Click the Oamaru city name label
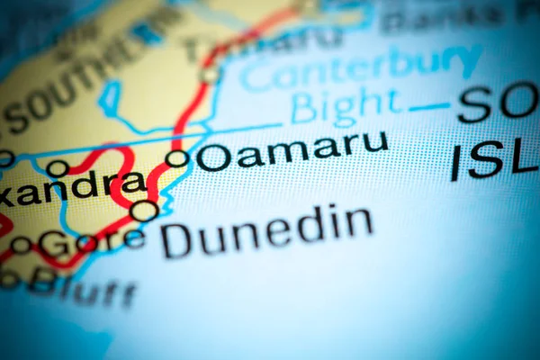[x=292, y=151]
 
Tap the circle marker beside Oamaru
[x=177, y=158]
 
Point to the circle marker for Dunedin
[x=143, y=211]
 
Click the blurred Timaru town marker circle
[x=211, y=75]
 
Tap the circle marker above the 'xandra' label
[x=58, y=168]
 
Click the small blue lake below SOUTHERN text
[x=110, y=99]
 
